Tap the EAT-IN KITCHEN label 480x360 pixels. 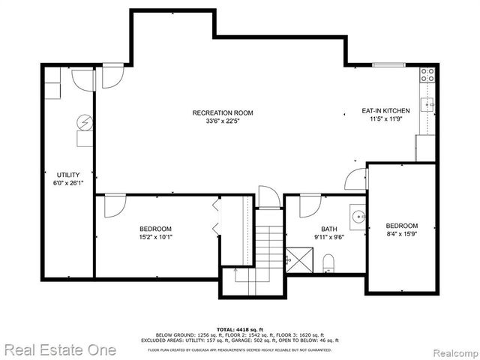tap(385, 111)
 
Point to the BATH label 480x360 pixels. tap(329, 229)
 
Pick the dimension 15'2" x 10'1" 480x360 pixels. tap(155, 238)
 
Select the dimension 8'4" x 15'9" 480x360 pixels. tap(401, 235)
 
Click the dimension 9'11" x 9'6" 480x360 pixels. tap(329, 238)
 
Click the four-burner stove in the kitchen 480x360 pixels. tap(427, 75)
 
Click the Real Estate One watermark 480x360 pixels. tap(59, 349)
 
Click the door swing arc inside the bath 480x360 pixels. tap(310, 204)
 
